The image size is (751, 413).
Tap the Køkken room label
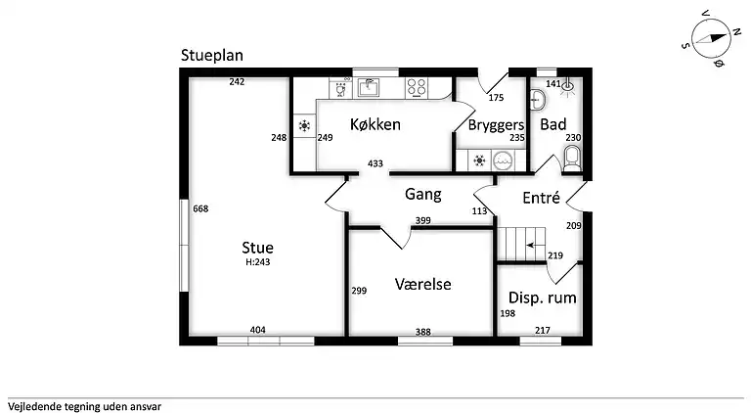point(375,124)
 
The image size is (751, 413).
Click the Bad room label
point(553,125)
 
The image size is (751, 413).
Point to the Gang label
point(423,194)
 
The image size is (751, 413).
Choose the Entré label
point(541,198)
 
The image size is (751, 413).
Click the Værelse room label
point(422,284)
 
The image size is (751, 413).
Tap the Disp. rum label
point(542,298)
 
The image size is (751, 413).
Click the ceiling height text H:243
point(258,261)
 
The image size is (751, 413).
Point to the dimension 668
point(201,208)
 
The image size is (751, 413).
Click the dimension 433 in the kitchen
point(375,163)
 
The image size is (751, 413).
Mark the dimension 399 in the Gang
point(422,220)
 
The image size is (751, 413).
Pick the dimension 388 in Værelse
point(422,332)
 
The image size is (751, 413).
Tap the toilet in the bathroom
point(572,159)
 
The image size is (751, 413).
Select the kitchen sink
point(370,87)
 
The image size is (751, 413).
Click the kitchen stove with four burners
point(417,87)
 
